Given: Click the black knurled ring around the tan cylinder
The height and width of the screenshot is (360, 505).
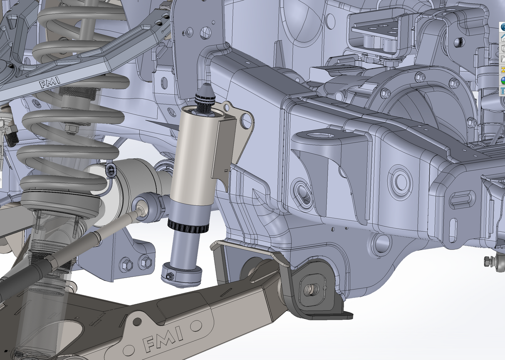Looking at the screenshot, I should point(188,226).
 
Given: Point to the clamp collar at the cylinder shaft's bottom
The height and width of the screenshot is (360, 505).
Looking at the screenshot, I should point(182,274).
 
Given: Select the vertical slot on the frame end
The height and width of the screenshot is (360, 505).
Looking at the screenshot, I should point(453,230).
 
